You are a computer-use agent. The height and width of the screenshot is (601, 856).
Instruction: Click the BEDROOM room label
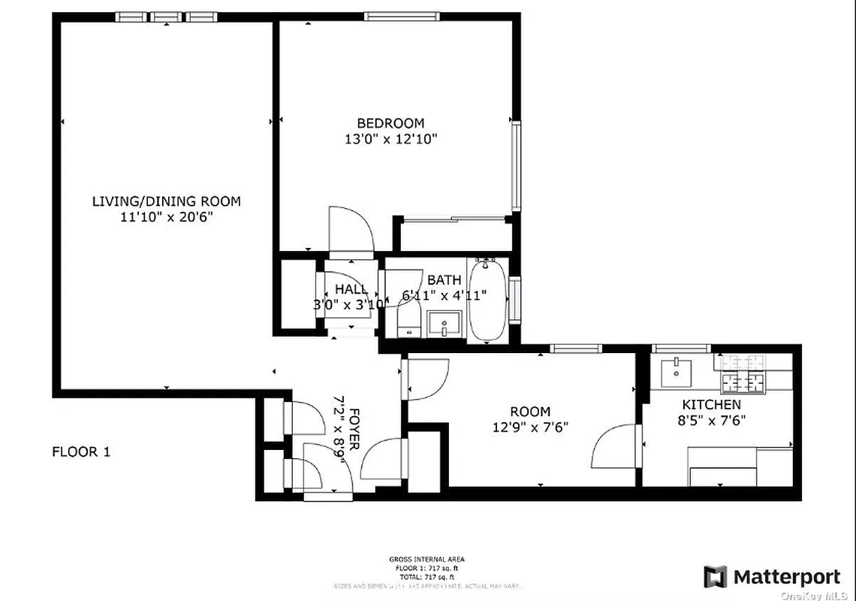(x=390, y=123)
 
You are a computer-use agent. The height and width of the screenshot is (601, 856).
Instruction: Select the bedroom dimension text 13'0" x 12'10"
(x=390, y=139)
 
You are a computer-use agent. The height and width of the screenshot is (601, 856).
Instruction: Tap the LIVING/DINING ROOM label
(x=166, y=201)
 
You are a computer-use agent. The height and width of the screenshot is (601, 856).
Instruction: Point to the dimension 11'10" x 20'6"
(x=166, y=217)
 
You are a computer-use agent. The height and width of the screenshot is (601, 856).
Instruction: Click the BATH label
(x=444, y=280)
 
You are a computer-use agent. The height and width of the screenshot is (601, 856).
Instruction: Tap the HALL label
(x=351, y=289)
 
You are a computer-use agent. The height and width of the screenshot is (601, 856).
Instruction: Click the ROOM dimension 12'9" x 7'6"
(x=529, y=427)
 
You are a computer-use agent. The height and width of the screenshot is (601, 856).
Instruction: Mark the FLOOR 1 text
(x=80, y=452)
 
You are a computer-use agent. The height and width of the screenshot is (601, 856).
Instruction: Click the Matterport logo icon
(x=716, y=577)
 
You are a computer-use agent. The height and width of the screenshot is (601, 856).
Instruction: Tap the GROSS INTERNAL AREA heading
(x=426, y=559)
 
